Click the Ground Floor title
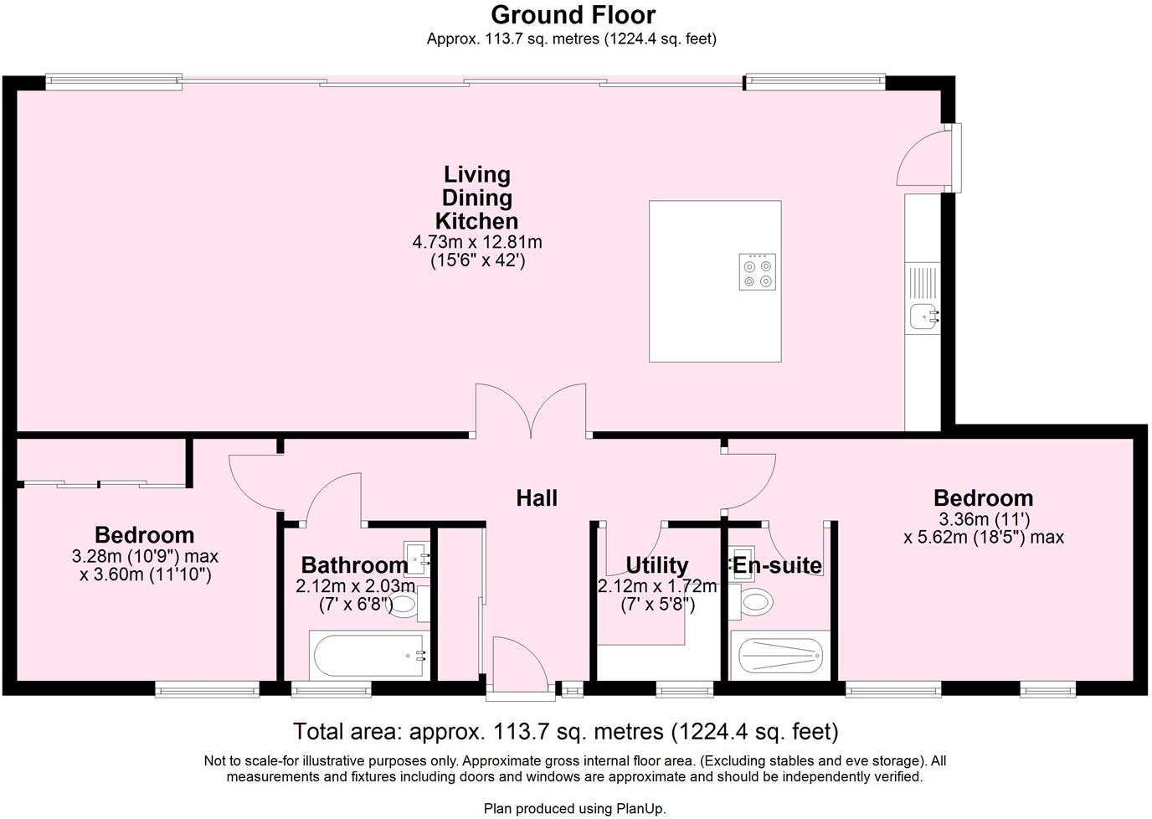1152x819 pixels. pyautogui.click(x=573, y=15)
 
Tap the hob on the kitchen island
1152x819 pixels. pyautogui.click(x=757, y=272)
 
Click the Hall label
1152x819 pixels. pyautogui.click(x=537, y=498)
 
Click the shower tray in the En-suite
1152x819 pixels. pyautogui.click(x=779, y=656)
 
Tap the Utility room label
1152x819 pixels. pyautogui.click(x=656, y=565)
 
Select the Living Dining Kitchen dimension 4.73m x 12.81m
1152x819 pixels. pyautogui.click(x=477, y=243)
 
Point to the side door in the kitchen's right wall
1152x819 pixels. pyautogui.click(x=925, y=156)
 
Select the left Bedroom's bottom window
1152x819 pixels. pyautogui.click(x=207, y=690)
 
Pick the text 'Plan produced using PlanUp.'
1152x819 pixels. pyautogui.click(x=574, y=808)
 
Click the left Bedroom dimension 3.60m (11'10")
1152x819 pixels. pyautogui.click(x=145, y=575)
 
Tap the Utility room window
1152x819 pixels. pyautogui.click(x=684, y=690)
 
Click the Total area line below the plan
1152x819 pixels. pyautogui.click(x=566, y=732)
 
